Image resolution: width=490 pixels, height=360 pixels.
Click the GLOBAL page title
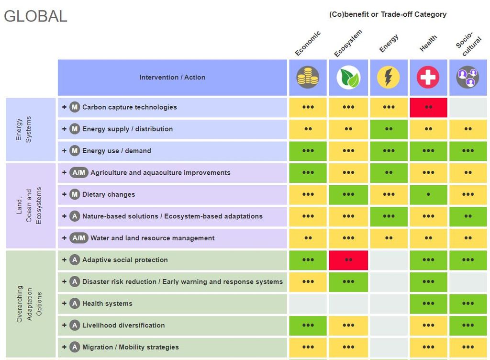tap(35, 16)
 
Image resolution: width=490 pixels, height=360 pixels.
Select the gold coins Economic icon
tap(308, 77)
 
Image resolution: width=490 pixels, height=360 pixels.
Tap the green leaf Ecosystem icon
tap(348, 77)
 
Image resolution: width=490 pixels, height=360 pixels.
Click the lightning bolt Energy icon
tap(388, 77)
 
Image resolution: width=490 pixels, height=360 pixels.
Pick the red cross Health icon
tap(428, 77)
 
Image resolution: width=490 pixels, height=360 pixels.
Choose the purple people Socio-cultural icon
tap(468, 77)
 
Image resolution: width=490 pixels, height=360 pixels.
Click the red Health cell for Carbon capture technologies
tap(428, 107)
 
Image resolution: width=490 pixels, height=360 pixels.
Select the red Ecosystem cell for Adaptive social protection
tap(348, 260)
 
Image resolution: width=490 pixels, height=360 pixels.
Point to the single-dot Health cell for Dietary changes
tap(428, 194)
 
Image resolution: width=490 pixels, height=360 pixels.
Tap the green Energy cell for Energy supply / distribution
tap(388, 129)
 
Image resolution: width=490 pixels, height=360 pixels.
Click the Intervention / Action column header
tap(172, 78)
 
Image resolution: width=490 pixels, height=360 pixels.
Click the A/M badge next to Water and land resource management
tap(78, 238)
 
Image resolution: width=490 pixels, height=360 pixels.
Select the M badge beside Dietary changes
tap(74, 194)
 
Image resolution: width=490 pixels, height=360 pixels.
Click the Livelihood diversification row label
tap(123, 326)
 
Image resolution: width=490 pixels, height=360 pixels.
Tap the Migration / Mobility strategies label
tap(130, 347)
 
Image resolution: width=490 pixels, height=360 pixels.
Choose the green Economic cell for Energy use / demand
tap(308, 151)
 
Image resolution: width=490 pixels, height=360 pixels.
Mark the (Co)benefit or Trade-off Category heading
tap(388, 14)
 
